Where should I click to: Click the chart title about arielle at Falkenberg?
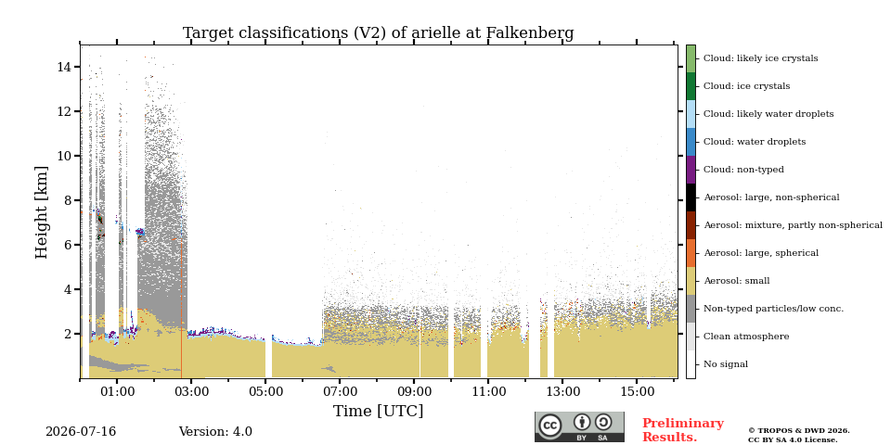coord(378,33)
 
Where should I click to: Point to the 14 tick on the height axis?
coord(63,67)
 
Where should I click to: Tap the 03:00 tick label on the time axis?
coord(191,391)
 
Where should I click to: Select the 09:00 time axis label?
coord(414,391)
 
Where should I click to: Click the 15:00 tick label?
coord(637,391)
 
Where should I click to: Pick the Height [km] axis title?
coord(42,212)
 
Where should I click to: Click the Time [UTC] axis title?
coord(378,411)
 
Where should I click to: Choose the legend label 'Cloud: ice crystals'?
coord(746,86)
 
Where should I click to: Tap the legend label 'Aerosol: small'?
coord(736,281)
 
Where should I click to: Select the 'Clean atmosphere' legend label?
coord(746,337)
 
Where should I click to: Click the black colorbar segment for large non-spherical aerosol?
coord(691,197)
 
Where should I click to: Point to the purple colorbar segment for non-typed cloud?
coord(691,170)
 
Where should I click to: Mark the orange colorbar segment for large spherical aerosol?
coord(691,253)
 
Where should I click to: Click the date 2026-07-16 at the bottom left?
coord(81,432)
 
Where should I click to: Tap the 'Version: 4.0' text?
coord(215,432)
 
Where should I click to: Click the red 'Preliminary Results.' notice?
coord(683,430)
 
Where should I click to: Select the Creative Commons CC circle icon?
coord(550,426)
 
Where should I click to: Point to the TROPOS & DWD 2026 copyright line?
coord(799,431)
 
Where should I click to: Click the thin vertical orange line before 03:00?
coord(181,310)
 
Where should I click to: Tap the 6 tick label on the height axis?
coord(67,245)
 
